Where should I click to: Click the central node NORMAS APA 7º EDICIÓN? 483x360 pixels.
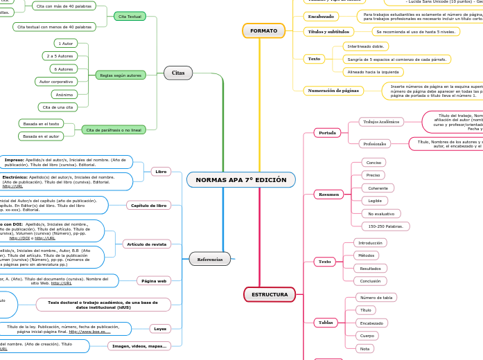click(240, 180)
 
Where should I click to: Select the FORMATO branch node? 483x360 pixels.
click(263, 30)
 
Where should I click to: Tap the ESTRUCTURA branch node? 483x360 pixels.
click(270, 294)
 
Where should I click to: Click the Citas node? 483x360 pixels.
click(178, 72)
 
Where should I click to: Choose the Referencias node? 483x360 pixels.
click(210, 259)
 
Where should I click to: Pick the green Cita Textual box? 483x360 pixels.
click(130, 16)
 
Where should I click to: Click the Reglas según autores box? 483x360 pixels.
click(121, 75)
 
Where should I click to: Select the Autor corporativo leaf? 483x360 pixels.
click(57, 82)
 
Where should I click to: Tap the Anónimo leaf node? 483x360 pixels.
click(64, 94)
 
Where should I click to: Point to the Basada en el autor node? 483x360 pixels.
click(42, 136)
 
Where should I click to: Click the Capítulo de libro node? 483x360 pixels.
click(149, 206)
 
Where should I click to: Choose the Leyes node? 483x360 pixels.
click(159, 328)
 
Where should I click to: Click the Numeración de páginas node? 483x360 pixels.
click(333, 91)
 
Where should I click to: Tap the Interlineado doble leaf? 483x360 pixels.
click(365, 46)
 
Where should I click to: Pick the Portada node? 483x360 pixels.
click(326, 132)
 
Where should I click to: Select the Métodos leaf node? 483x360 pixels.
click(367, 255)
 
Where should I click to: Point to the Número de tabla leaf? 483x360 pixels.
click(376, 298)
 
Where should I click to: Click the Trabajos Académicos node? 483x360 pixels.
click(381, 122)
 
